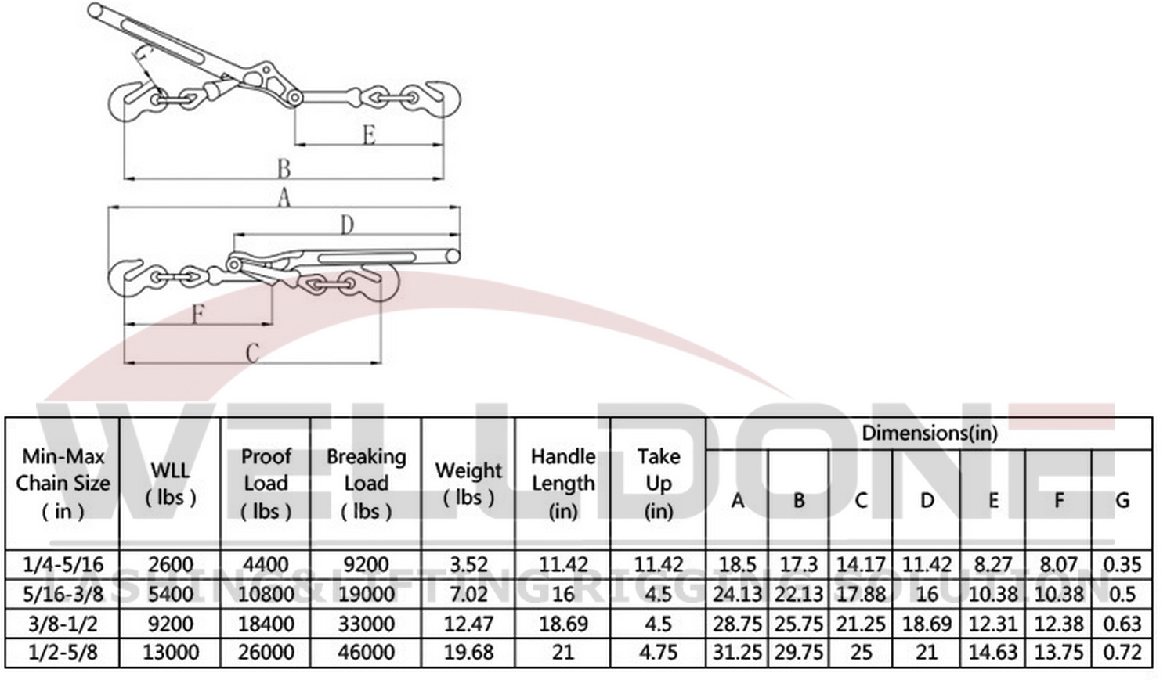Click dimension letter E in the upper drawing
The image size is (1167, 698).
[x=369, y=135]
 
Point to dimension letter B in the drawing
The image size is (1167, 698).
[x=284, y=168]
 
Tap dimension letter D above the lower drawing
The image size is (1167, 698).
[x=347, y=225]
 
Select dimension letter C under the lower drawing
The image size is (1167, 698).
[x=252, y=353]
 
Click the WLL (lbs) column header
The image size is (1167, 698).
[x=170, y=483]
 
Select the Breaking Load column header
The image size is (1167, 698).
[x=366, y=483]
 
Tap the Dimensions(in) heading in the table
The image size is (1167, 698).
[x=929, y=433]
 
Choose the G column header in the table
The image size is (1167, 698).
[x=1122, y=500]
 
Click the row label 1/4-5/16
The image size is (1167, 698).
[x=63, y=564]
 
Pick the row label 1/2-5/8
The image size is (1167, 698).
[x=63, y=653]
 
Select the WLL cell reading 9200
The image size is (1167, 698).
[x=170, y=624]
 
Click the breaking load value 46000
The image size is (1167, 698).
[x=366, y=653]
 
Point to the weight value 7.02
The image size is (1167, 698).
[x=468, y=594]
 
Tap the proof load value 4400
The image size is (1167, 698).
[x=266, y=564]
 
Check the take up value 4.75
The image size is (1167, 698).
[x=658, y=653]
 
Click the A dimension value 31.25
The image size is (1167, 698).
[x=736, y=653]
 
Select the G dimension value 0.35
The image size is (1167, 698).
[x=1122, y=564]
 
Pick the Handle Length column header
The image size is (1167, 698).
[x=562, y=483]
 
